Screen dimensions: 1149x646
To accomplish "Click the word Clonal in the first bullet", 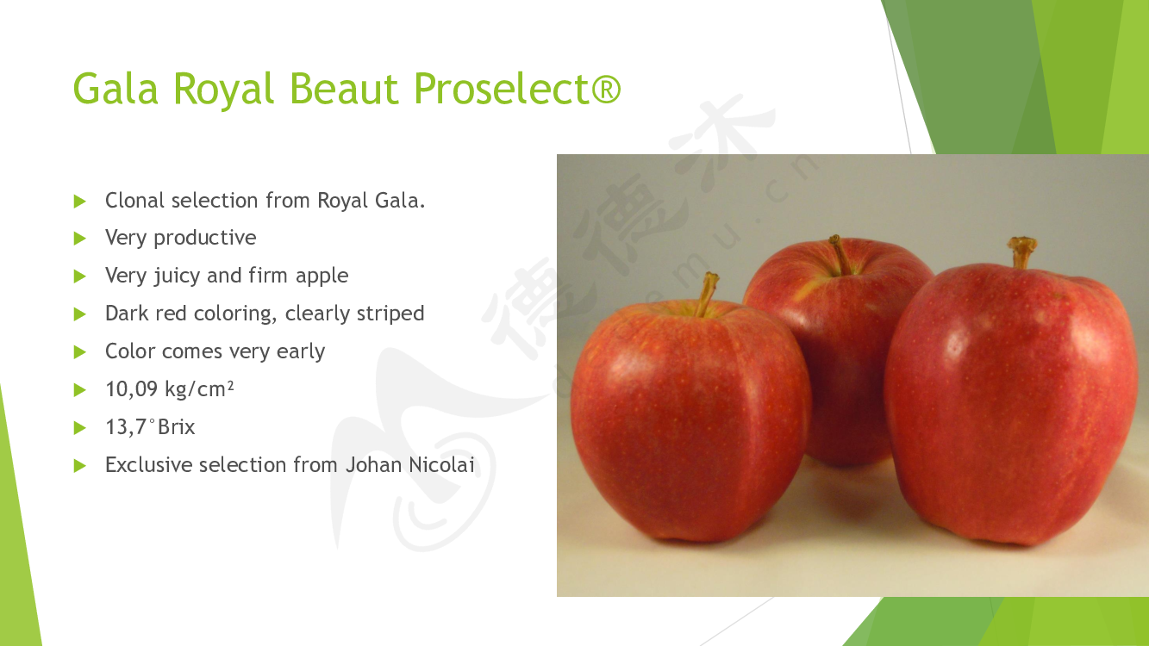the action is tap(135, 200).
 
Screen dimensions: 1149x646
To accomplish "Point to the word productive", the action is tap(204, 239).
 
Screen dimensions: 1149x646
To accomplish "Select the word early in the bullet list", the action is tap(301, 352).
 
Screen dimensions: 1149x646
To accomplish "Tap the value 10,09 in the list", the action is tap(131, 389).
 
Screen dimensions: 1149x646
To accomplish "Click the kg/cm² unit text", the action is tap(199, 389).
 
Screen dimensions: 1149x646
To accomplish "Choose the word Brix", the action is tap(177, 427).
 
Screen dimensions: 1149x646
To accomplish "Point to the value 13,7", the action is tap(126, 427).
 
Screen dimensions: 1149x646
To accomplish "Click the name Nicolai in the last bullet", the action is tap(441, 465).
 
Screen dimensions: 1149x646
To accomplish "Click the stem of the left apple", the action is tap(708, 294).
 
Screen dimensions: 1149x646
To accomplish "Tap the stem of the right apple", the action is tap(1021, 252).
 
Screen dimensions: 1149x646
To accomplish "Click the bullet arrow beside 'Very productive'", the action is tap(79, 239).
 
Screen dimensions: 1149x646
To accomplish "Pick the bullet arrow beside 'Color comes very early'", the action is tap(79, 352).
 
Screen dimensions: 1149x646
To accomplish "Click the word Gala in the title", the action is tap(116, 88).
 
